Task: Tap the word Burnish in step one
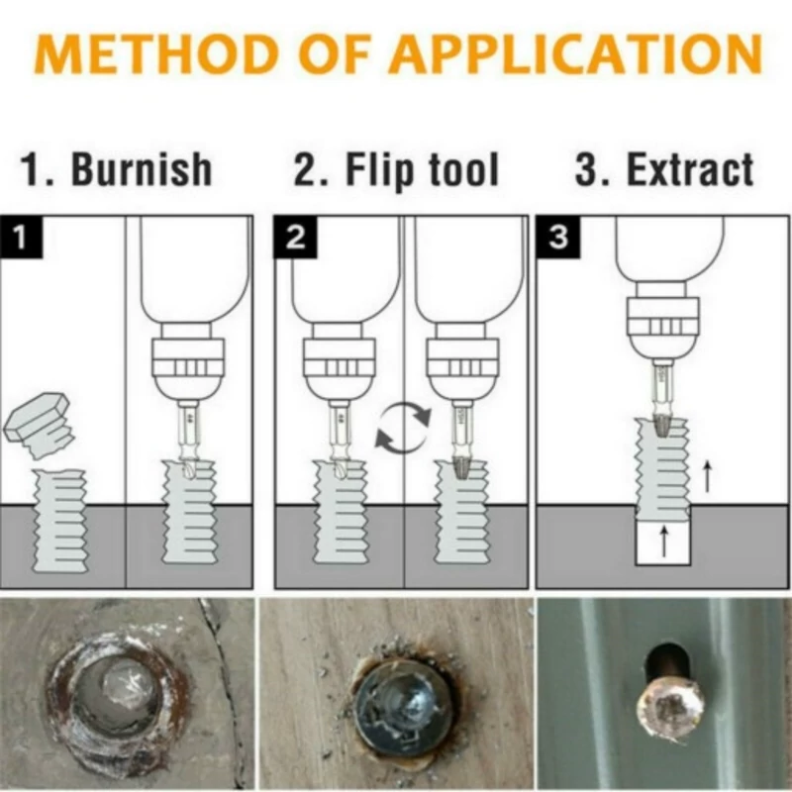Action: (142, 168)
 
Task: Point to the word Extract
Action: (690, 168)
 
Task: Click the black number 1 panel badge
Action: (21, 237)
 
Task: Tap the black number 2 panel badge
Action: (295, 237)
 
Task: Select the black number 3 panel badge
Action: (558, 237)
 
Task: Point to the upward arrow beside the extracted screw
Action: (708, 476)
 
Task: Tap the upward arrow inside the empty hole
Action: (663, 541)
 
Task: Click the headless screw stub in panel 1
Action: (59, 521)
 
